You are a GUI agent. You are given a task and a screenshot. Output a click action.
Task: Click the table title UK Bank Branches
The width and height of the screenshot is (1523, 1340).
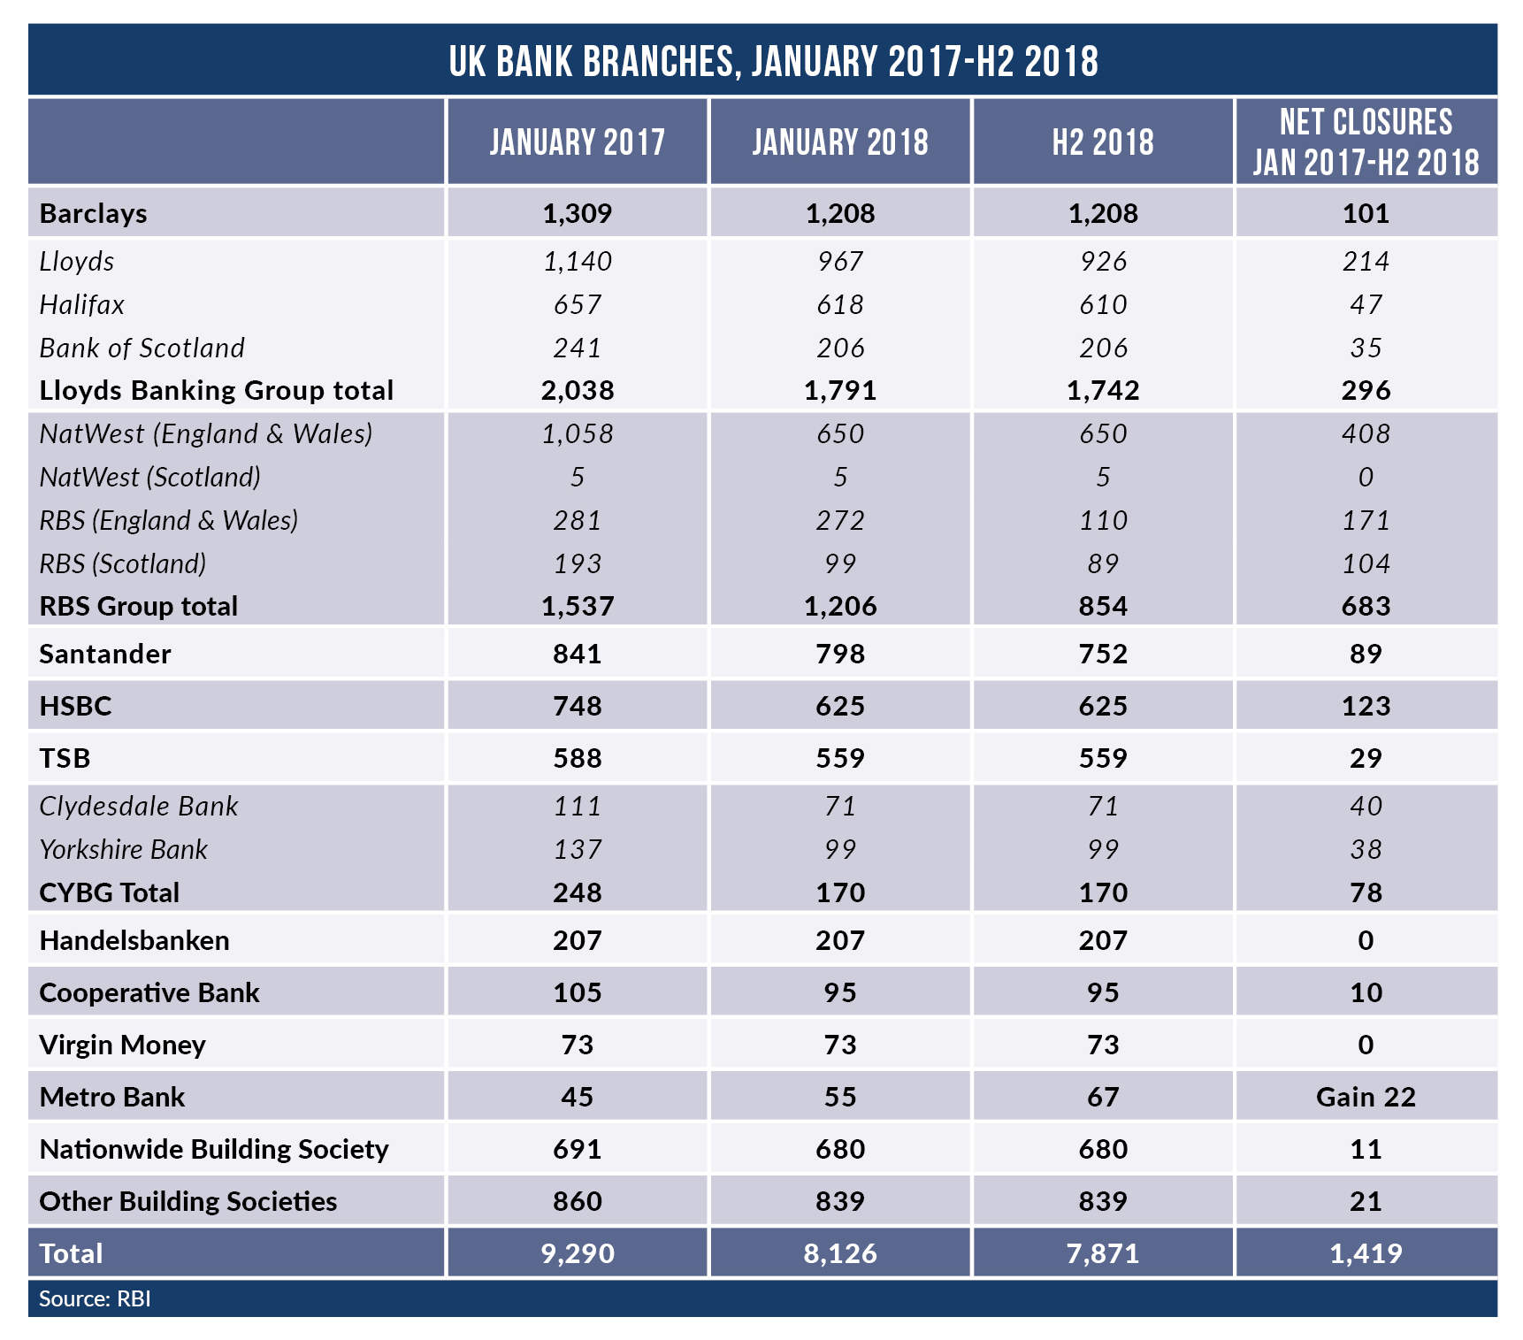click(x=773, y=61)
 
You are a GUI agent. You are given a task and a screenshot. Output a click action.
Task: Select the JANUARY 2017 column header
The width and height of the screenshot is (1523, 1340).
click(x=577, y=142)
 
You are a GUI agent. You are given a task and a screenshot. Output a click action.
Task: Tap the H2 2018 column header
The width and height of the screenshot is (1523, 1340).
click(x=1102, y=142)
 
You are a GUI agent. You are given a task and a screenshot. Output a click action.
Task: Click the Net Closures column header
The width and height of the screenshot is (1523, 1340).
click(x=1366, y=142)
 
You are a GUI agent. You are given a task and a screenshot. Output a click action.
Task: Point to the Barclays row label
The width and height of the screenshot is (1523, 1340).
click(x=94, y=213)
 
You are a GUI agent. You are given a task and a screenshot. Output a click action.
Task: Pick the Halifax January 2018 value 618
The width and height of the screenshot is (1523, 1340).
click(x=839, y=304)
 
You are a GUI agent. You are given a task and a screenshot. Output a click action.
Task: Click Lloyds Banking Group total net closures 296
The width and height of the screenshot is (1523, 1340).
click(x=1366, y=390)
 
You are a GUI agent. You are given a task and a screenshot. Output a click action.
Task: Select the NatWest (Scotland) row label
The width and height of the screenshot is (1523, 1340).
click(x=150, y=477)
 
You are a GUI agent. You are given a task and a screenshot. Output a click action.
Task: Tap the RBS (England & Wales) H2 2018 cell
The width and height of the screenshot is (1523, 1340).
click(x=1102, y=520)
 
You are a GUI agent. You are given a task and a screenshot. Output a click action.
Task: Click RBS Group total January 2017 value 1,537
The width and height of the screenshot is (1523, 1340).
click(x=577, y=606)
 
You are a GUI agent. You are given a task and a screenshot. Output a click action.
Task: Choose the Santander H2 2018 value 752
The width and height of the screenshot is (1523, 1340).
click(x=1102, y=654)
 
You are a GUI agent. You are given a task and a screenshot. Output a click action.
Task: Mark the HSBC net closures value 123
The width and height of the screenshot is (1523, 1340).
click(x=1366, y=706)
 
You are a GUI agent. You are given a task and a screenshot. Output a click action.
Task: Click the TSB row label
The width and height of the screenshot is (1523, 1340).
click(x=65, y=758)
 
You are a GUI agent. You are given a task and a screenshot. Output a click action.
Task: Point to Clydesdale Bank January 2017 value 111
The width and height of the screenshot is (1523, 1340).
click(x=577, y=806)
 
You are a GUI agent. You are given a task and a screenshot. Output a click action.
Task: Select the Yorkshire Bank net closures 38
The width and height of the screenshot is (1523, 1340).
click(x=1366, y=849)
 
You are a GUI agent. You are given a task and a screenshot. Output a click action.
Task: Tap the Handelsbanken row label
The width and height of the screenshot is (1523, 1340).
click(x=134, y=940)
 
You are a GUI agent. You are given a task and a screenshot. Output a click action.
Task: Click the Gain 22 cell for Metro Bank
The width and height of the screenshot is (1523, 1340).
click(x=1366, y=1097)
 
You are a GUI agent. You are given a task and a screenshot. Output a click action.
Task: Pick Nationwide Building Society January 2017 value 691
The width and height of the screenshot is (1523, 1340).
click(x=577, y=1149)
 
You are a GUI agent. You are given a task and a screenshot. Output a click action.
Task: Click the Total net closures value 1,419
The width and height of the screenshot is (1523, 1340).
click(x=1366, y=1253)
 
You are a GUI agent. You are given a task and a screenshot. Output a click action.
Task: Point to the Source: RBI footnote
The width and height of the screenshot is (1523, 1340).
click(x=95, y=1298)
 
